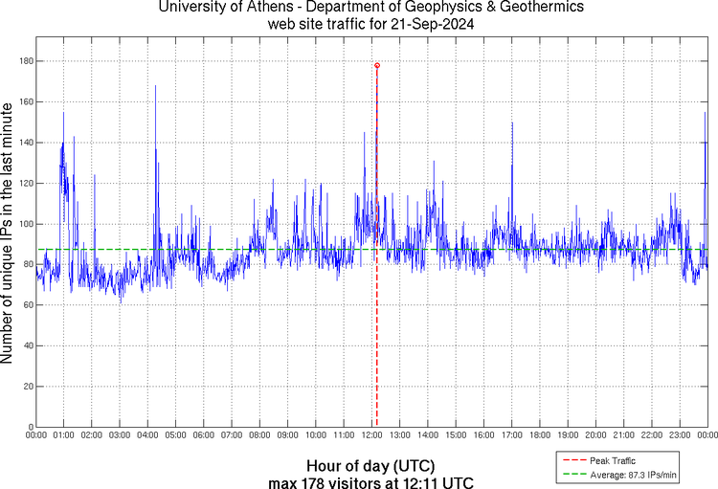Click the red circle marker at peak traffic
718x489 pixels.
coord(377,65)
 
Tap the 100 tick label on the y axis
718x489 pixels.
coord(23,224)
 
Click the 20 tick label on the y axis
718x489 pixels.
coord(26,387)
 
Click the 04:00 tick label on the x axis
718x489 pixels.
coord(147,435)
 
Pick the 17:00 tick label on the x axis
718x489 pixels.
coord(511,435)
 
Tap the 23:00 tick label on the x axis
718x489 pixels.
coord(679,435)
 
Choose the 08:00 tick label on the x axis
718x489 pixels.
coord(259,435)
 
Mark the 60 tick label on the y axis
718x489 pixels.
coord(26,305)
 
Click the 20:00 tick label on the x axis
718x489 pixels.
coord(595,435)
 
